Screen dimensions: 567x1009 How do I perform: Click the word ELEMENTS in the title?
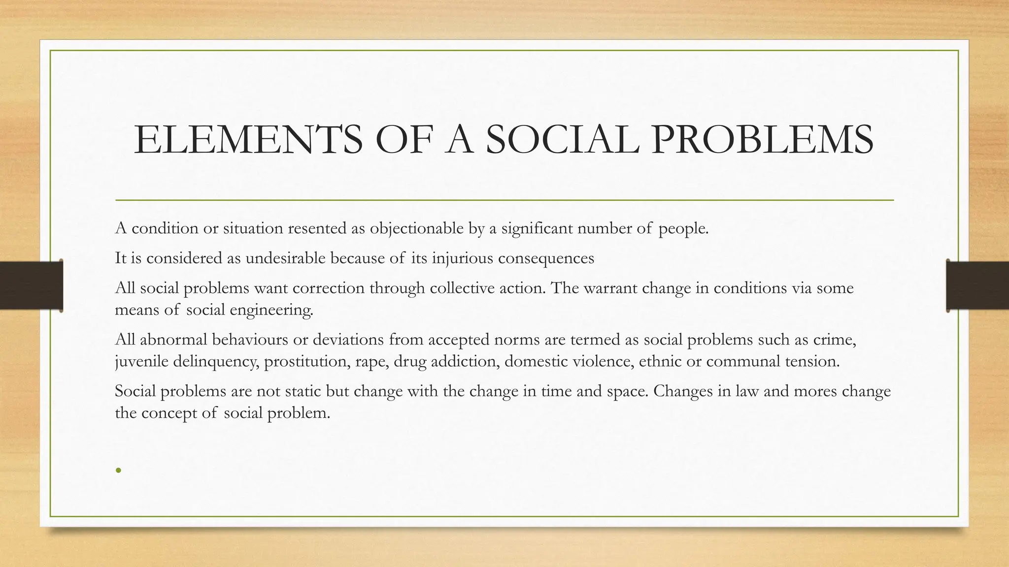pos(248,140)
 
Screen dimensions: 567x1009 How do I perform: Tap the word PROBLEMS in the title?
pos(762,140)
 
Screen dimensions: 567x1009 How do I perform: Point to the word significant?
pos(537,228)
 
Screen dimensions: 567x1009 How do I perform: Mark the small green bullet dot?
pos(118,470)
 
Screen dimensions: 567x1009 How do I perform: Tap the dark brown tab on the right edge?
pos(977,285)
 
